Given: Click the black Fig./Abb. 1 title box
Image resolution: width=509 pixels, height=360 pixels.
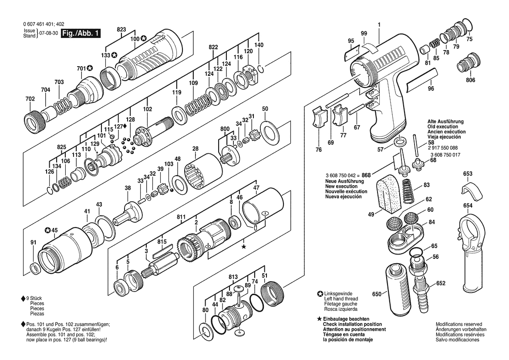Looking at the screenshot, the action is (x=81, y=33).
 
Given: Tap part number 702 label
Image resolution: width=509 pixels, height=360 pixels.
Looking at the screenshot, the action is (x=30, y=99).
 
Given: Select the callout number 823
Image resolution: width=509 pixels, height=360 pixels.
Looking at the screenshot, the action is (x=121, y=30).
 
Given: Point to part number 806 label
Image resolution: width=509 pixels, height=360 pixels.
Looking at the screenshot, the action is (x=470, y=80).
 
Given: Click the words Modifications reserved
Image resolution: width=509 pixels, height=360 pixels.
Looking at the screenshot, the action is (x=458, y=324).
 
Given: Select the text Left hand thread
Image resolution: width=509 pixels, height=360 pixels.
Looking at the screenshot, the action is (x=341, y=299).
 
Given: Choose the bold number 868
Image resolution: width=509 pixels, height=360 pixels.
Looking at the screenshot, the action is (x=366, y=175).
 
